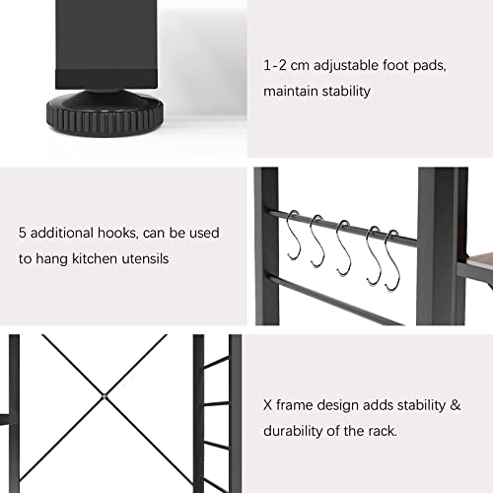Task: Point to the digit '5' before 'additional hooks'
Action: click(23, 233)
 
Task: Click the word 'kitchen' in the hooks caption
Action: click(95, 258)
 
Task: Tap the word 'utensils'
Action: click(145, 258)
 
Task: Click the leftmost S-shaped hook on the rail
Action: click(294, 236)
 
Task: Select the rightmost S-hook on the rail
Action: click(392, 260)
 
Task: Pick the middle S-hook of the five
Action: click(343, 247)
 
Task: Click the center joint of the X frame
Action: click(105, 396)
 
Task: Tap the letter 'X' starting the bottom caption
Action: click(267, 405)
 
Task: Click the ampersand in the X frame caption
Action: click(456, 405)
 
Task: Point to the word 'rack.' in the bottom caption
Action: click(383, 431)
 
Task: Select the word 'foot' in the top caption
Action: click(396, 65)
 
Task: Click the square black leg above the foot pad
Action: click(106, 44)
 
